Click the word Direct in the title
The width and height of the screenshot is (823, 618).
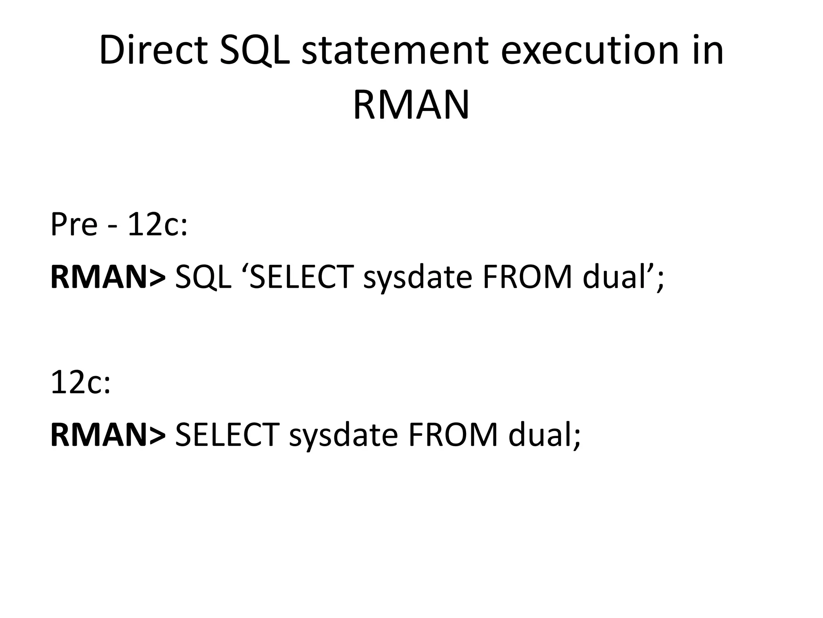(153, 51)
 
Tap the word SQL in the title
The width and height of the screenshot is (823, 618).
(254, 51)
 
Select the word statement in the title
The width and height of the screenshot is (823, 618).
(395, 51)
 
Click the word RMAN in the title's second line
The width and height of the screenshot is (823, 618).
(411, 105)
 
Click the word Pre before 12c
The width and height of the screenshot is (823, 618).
(74, 225)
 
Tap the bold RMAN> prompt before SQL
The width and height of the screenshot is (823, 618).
(108, 277)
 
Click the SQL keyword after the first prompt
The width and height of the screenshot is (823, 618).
(203, 277)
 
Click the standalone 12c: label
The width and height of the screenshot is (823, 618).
(80, 383)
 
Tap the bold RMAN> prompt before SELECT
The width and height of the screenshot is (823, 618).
(108, 435)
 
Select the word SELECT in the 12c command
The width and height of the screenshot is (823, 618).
(227, 435)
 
